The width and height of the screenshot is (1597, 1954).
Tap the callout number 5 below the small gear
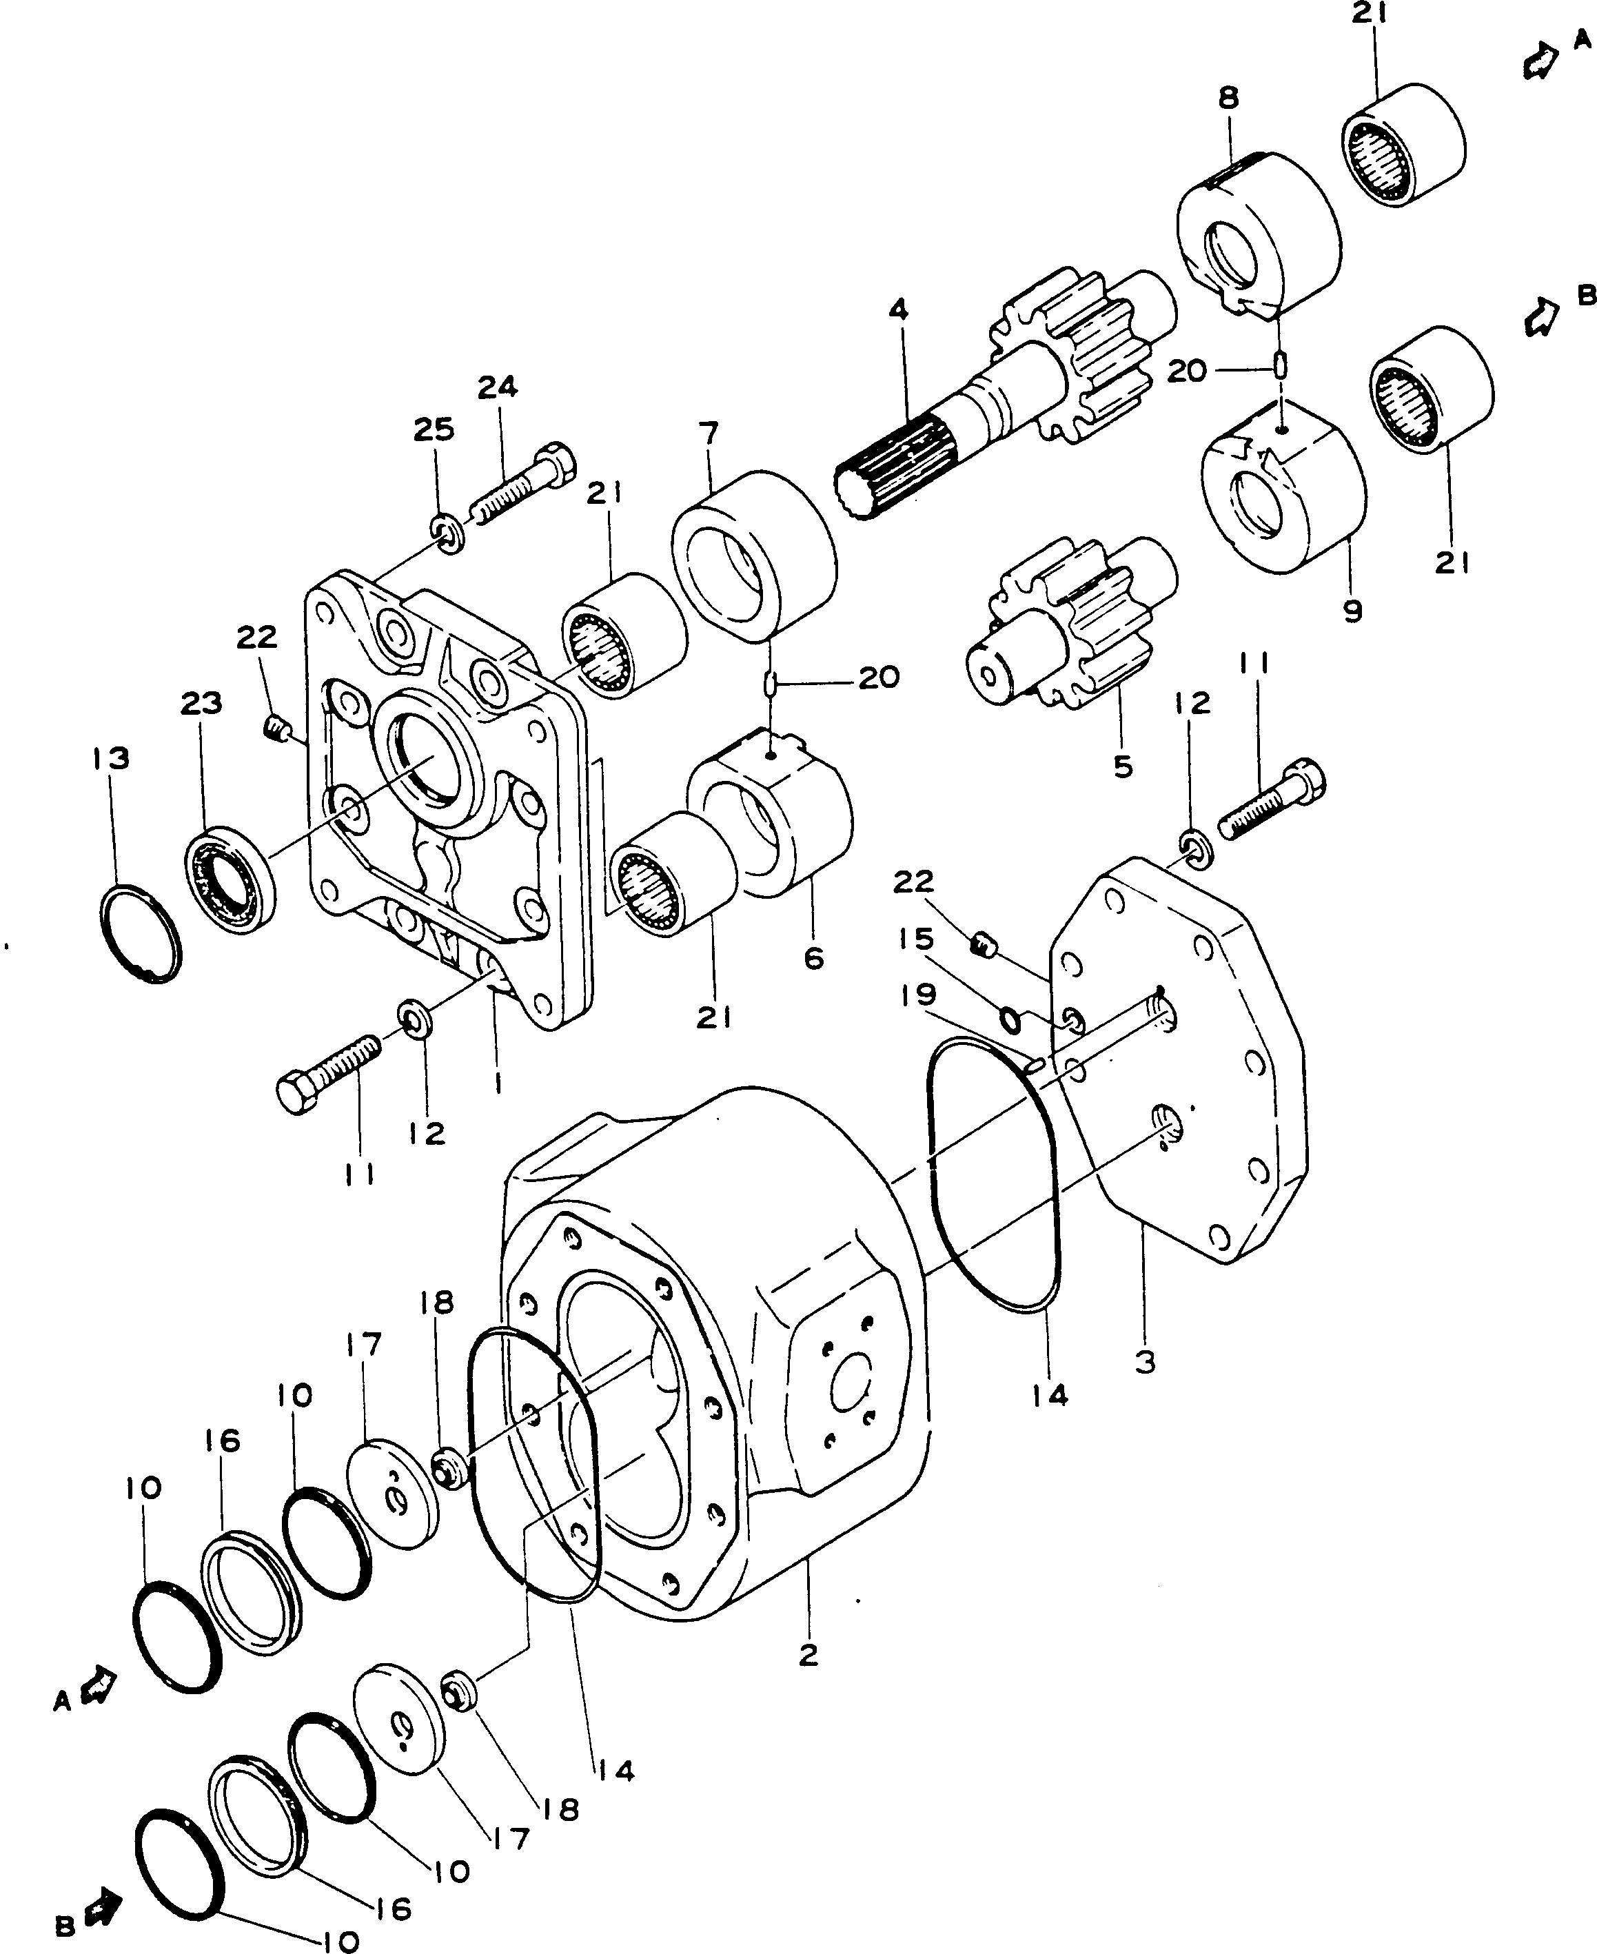(x=1122, y=766)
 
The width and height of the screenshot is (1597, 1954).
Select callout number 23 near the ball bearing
(x=201, y=704)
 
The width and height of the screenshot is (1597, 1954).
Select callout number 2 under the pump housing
(x=808, y=1656)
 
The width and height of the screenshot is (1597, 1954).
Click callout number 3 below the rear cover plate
(x=1144, y=1361)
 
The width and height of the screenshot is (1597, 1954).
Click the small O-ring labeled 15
(x=1010, y=1019)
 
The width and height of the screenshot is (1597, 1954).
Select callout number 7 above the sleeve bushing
(x=709, y=432)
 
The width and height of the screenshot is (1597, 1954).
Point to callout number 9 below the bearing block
(x=1352, y=611)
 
